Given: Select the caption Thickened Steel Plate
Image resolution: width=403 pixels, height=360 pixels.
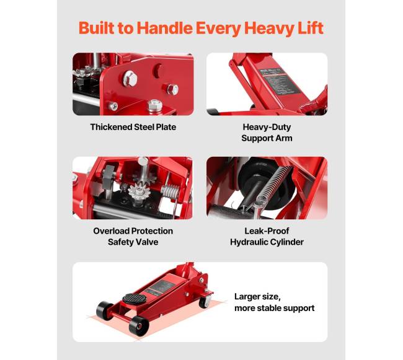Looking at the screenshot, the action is click(x=133, y=127).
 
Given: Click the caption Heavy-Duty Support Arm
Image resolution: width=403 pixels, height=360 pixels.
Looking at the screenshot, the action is click(x=267, y=133).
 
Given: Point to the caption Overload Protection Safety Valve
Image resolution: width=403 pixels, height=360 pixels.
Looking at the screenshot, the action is click(x=133, y=237).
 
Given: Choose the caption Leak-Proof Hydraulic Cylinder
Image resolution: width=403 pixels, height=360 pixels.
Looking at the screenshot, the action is click(x=267, y=237).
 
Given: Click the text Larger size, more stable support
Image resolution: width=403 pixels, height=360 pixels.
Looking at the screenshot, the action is click(x=274, y=302).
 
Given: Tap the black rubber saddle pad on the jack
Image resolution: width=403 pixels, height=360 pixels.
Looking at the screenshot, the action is click(x=134, y=299).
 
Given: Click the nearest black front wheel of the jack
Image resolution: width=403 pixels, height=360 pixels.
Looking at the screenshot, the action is click(x=139, y=326).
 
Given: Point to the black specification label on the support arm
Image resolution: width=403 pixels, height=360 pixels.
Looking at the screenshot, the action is click(x=279, y=81).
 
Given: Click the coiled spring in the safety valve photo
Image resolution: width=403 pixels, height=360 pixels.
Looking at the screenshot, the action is click(x=170, y=191).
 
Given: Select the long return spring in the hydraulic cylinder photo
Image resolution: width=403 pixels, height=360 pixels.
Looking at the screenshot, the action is click(x=274, y=185).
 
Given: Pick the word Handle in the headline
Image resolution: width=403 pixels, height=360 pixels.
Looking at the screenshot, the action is click(x=165, y=28).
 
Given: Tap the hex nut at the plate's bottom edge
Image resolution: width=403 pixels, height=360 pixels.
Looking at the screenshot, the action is click(x=155, y=105).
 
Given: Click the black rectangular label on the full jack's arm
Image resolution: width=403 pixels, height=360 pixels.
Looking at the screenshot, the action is click(x=160, y=286).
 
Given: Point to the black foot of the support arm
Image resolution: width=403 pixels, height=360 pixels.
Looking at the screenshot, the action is click(x=213, y=112).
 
